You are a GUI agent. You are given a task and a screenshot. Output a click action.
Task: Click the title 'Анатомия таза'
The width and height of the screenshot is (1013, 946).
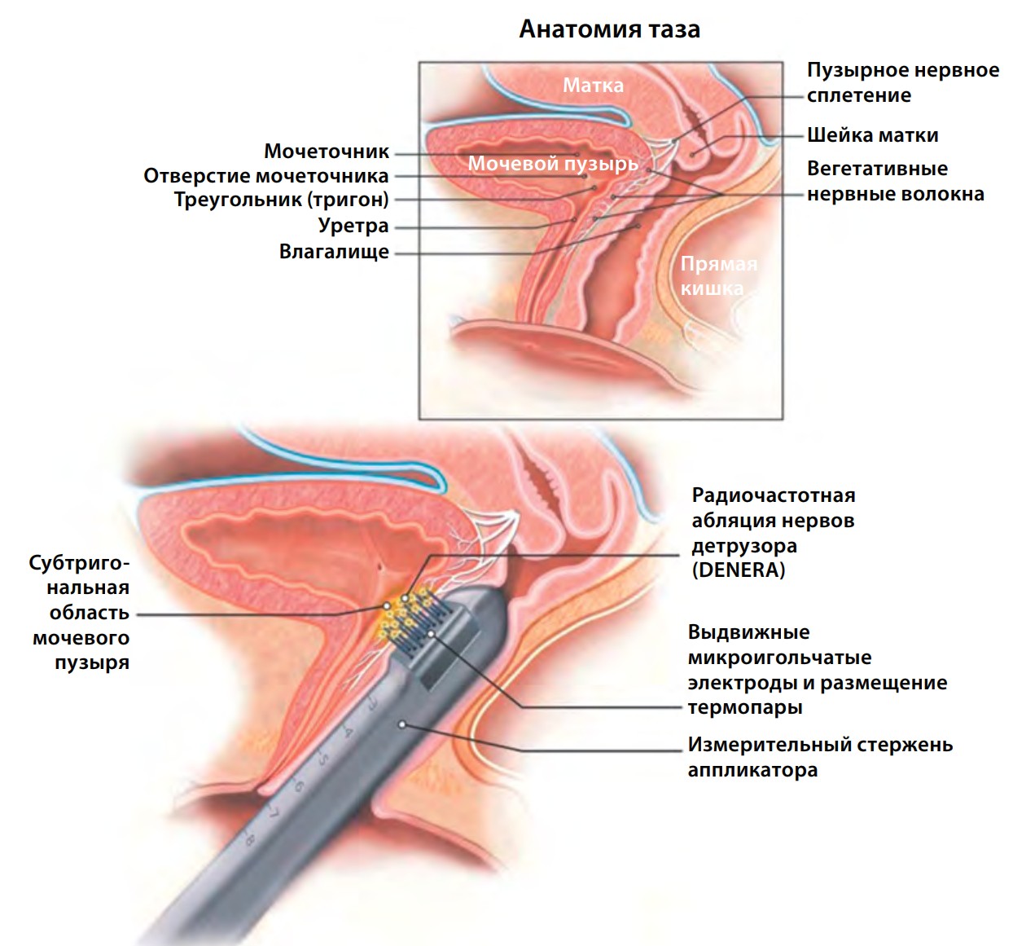pyautogui.click(x=610, y=29)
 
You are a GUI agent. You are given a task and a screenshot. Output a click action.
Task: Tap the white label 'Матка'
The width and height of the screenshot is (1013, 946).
pyautogui.click(x=593, y=86)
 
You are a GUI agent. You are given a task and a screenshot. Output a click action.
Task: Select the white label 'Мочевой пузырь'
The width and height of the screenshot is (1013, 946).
pyautogui.click(x=554, y=164)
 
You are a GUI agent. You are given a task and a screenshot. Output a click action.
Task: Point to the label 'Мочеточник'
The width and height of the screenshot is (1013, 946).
pyautogui.click(x=327, y=151)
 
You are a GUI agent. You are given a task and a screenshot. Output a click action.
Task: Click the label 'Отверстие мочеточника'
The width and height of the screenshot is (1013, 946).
pyautogui.click(x=265, y=176)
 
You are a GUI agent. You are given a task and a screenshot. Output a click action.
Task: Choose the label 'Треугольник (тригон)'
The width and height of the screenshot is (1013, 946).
pyautogui.click(x=282, y=200)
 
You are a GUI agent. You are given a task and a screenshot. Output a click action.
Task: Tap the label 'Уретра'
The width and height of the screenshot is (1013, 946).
pyautogui.click(x=353, y=225)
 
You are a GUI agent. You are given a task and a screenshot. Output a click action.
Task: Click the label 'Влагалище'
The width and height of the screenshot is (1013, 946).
pyautogui.click(x=334, y=252)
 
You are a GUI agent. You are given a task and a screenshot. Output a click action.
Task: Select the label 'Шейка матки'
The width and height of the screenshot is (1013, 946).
pyautogui.click(x=872, y=135)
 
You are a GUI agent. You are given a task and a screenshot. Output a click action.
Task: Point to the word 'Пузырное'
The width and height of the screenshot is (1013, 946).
pyautogui.click(x=851, y=70)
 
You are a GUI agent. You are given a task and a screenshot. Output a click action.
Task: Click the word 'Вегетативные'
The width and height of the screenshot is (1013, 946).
pyautogui.click(x=877, y=169)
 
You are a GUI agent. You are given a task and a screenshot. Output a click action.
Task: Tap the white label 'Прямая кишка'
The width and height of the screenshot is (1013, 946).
pyautogui.click(x=719, y=276)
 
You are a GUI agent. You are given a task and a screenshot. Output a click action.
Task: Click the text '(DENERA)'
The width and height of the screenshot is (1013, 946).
pyautogui.click(x=738, y=570)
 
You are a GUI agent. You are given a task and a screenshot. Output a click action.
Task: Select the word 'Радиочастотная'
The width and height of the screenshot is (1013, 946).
pyautogui.click(x=774, y=495)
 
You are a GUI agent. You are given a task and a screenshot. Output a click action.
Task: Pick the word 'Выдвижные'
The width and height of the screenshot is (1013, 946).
pyautogui.click(x=749, y=632)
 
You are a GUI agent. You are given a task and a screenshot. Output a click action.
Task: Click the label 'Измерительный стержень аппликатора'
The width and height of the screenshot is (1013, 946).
pyautogui.click(x=820, y=757)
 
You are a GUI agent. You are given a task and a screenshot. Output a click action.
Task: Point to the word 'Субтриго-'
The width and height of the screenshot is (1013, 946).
pyautogui.click(x=80, y=563)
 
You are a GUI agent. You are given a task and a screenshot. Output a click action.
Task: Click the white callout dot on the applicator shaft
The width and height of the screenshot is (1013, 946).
pyautogui.click(x=402, y=724)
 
